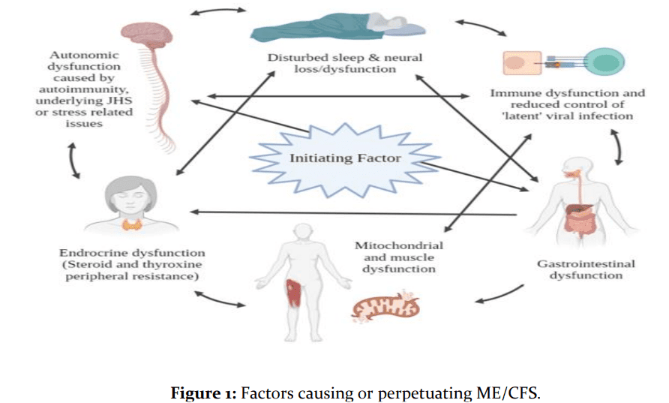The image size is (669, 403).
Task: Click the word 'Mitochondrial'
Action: point(398,245)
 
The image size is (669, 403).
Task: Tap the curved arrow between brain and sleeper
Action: point(218,11)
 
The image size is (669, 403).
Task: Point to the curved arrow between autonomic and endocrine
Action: point(73,160)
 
